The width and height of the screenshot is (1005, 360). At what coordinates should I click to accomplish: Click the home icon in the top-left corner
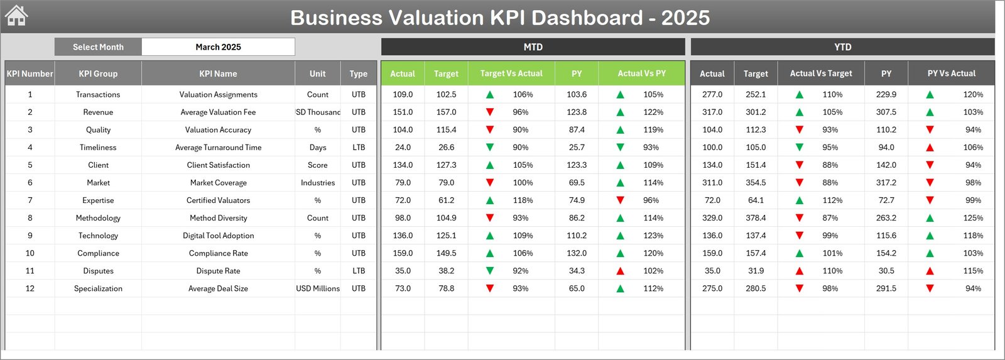point(16,16)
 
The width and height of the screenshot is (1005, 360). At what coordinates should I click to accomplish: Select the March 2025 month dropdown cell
point(218,47)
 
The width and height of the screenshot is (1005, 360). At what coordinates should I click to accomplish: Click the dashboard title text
point(500,18)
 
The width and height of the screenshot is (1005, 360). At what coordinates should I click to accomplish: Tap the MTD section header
point(533,47)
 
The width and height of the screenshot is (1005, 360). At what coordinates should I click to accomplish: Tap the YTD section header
point(842,47)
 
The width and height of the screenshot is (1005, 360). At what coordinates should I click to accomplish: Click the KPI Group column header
point(98,74)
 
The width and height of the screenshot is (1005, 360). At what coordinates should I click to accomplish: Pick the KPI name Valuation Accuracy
point(218,130)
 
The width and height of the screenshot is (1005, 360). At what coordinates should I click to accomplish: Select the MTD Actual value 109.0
point(403,95)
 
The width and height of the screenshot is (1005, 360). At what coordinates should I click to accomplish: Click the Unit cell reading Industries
point(318,183)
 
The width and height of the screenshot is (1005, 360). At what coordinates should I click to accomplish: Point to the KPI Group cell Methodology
point(98,218)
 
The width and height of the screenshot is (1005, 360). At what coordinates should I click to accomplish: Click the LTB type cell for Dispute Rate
point(359,271)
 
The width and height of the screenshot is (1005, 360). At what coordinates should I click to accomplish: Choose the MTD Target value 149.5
point(446,253)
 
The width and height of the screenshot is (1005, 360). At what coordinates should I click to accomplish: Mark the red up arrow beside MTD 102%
point(620,271)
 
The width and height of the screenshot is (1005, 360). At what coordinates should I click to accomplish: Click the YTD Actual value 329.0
point(712,218)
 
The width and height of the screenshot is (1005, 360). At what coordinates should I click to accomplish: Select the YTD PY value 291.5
point(886,288)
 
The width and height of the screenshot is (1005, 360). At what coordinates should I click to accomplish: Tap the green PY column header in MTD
point(577,74)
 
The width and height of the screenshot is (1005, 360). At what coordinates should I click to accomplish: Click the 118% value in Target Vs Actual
point(523,200)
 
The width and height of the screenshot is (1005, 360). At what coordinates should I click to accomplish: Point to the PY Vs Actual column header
point(951,74)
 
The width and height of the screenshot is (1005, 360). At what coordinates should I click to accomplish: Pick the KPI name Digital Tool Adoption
point(218,236)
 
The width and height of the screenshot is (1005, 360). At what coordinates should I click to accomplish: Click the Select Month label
point(98,47)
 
